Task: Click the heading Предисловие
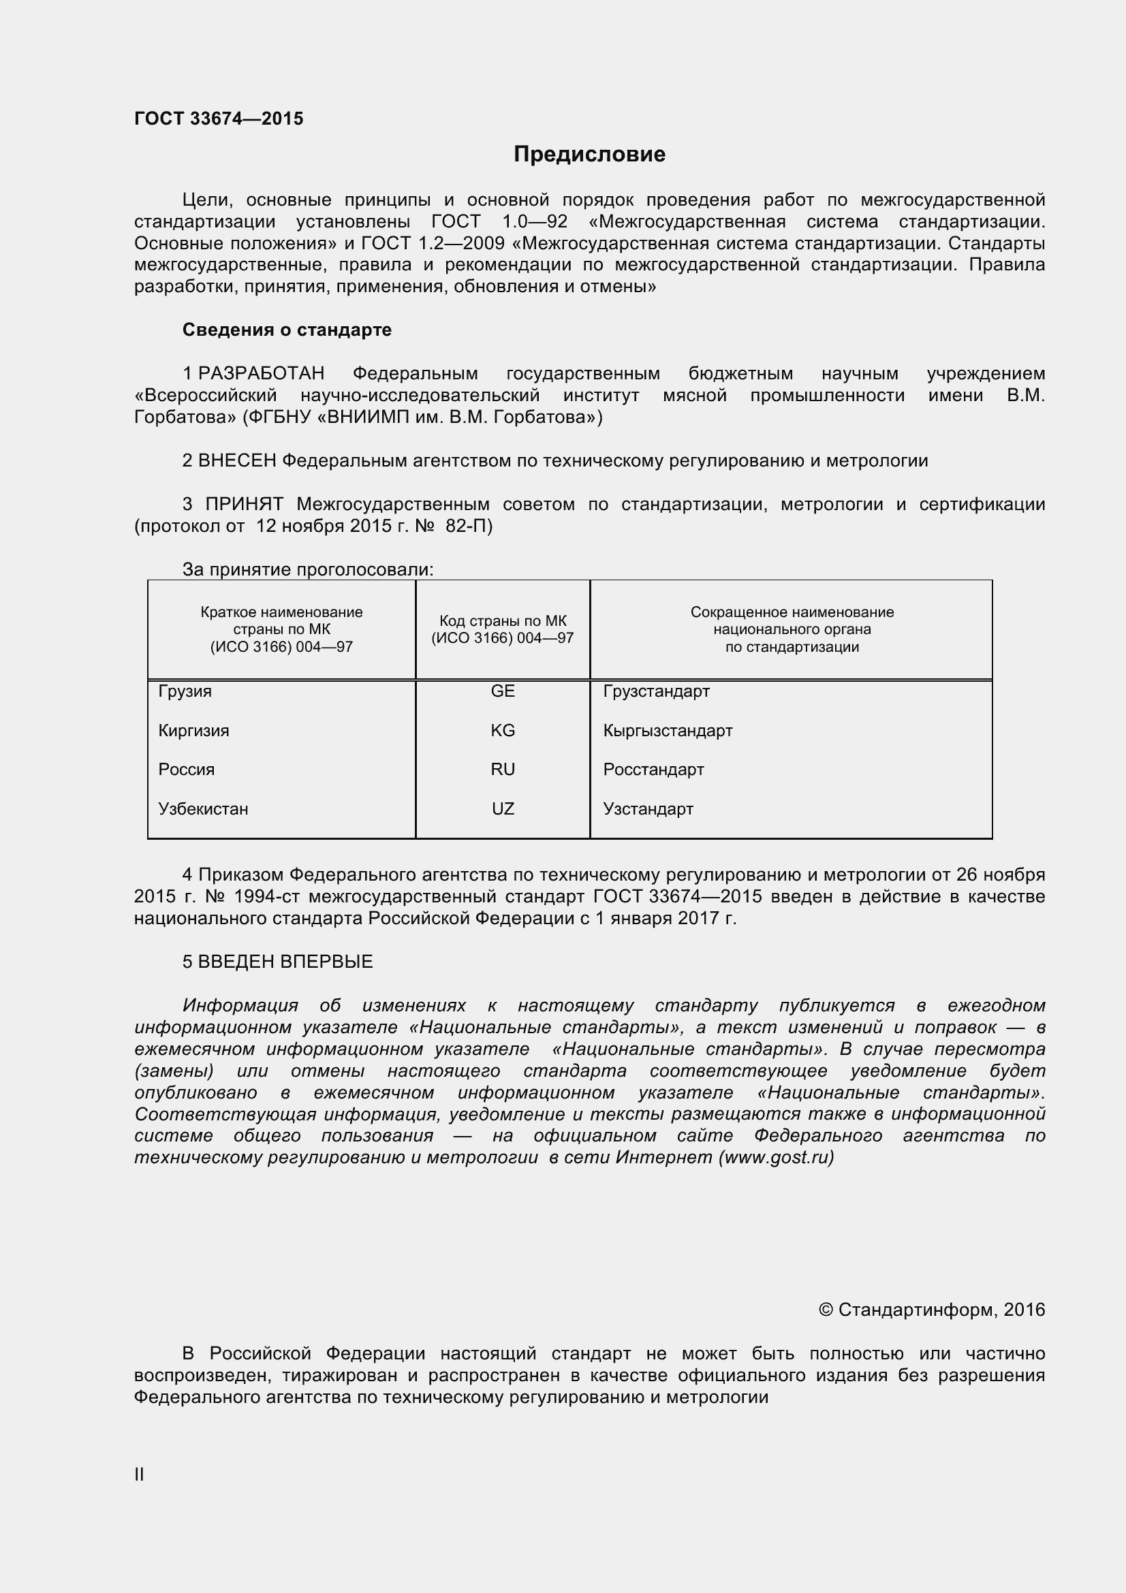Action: click(x=589, y=154)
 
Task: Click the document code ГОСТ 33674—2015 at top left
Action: click(x=219, y=119)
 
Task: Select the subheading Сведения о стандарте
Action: click(x=287, y=330)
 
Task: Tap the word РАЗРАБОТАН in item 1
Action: click(x=261, y=373)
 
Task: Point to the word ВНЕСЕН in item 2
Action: click(x=237, y=460)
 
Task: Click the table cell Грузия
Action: click(x=185, y=691)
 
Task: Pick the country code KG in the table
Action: click(x=502, y=731)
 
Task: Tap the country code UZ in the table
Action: click(x=502, y=809)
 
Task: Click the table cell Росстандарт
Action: click(x=653, y=770)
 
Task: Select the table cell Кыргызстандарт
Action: click(x=668, y=731)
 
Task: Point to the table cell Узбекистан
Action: click(x=203, y=809)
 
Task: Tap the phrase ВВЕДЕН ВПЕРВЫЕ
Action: click(x=285, y=962)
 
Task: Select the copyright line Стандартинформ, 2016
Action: click(x=932, y=1310)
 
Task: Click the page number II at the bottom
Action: click(x=139, y=1475)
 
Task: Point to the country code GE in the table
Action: click(x=502, y=691)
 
